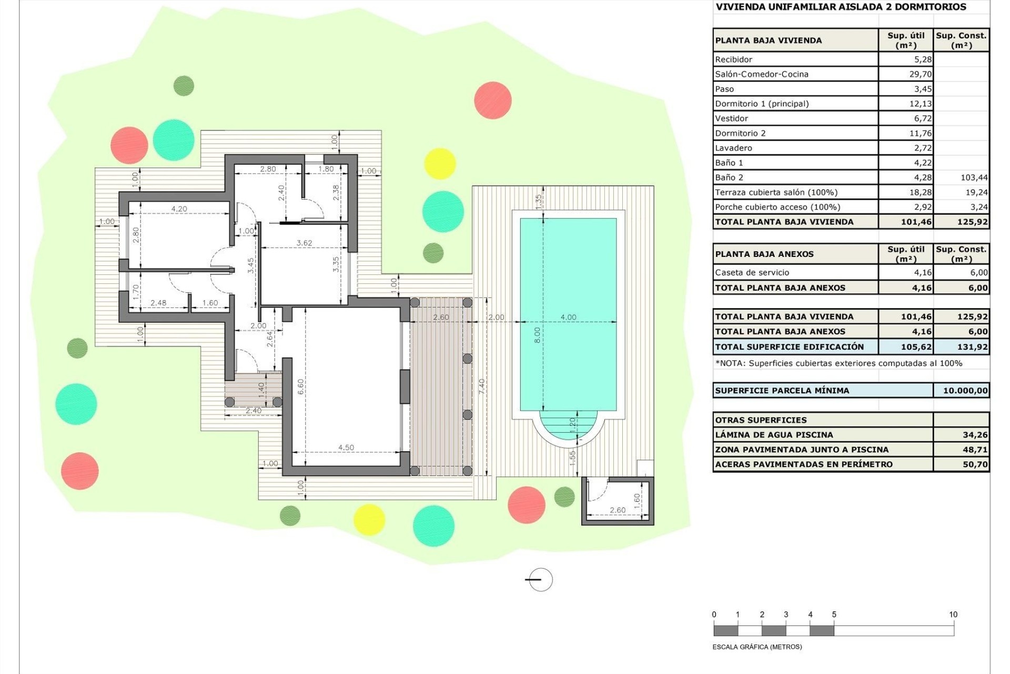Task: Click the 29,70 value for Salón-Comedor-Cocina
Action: coord(920,74)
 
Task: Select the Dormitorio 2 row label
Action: coord(740,133)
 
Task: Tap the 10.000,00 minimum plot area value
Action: coord(965,391)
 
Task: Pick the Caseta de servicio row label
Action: coord(752,273)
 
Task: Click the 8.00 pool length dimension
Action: coord(537,335)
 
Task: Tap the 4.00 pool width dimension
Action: coord(568,317)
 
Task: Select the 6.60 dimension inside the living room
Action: coord(300,387)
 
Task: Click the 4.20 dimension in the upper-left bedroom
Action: coord(179,209)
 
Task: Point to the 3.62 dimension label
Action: coord(304,243)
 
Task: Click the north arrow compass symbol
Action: coord(540,580)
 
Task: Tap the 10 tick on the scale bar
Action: coord(953,614)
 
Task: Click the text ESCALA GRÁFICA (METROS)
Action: coord(757,647)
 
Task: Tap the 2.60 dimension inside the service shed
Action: coord(618,510)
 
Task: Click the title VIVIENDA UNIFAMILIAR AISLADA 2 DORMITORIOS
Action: coord(840,7)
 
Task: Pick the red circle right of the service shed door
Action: coord(526,504)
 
